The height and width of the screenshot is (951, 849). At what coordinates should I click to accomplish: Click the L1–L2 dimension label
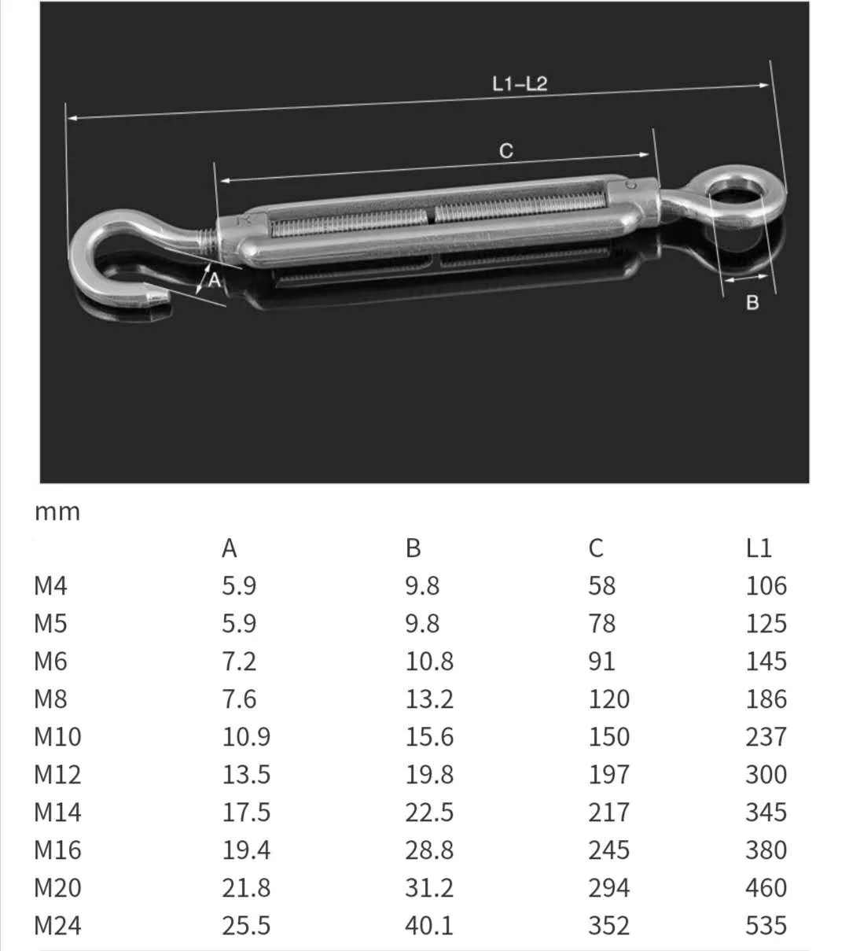[x=519, y=83]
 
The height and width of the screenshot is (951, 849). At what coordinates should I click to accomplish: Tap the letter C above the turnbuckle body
[x=506, y=150]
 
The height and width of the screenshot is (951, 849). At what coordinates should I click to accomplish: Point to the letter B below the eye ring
[x=752, y=303]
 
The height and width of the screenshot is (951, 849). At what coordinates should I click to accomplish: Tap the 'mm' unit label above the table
[x=57, y=512]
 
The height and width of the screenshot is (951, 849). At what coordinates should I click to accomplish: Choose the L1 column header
[x=759, y=548]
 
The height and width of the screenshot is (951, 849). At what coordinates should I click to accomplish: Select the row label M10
[x=57, y=737]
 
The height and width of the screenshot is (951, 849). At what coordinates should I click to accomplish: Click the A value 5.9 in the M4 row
[x=239, y=586]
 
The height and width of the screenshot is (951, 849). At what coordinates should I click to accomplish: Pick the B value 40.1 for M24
[x=429, y=926]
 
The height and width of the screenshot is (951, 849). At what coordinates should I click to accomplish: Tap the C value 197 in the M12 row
[x=608, y=775]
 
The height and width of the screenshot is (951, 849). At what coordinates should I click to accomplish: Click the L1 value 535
[x=766, y=926]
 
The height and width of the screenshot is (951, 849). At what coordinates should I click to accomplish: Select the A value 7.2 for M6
[x=239, y=662]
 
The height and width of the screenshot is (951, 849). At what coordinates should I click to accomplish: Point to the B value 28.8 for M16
[x=429, y=850]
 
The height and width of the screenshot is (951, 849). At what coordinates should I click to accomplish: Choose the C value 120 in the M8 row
[x=608, y=699]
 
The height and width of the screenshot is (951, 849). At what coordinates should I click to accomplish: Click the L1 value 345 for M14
[x=766, y=813]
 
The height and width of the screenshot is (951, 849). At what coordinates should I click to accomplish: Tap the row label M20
[x=57, y=888]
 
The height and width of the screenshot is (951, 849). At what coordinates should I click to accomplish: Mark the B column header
[x=413, y=548]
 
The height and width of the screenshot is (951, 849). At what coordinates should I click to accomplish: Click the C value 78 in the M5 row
[x=602, y=624]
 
